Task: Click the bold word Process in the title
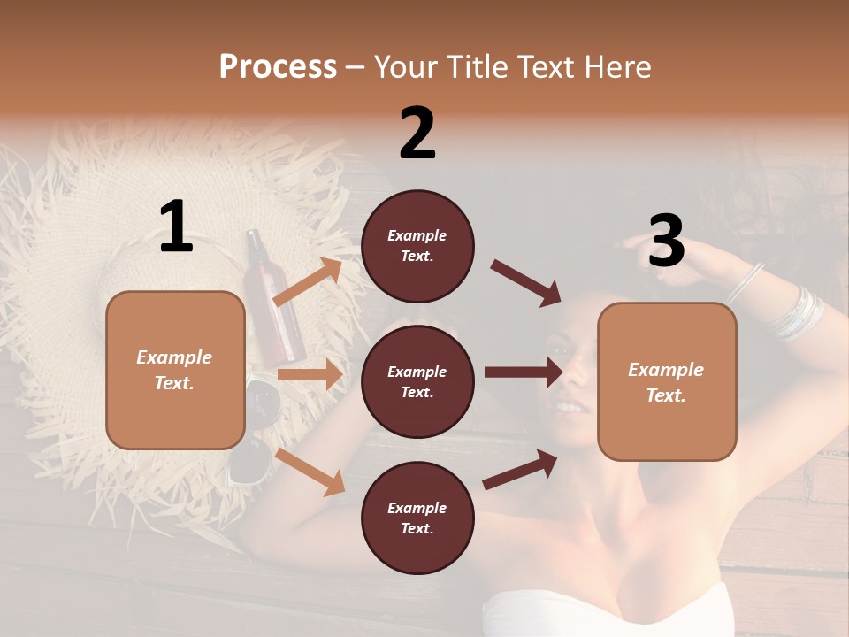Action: click(x=278, y=66)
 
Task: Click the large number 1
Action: click(x=176, y=227)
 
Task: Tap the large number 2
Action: click(x=417, y=134)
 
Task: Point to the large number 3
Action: click(x=666, y=241)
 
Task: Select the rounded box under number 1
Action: click(x=175, y=370)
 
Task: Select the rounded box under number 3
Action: click(x=667, y=381)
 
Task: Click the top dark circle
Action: click(x=417, y=246)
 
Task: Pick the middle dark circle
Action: click(x=417, y=381)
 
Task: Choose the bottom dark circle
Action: click(x=417, y=518)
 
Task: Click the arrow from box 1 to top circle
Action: click(x=308, y=282)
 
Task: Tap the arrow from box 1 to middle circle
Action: click(x=310, y=374)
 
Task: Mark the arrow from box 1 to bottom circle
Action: click(x=310, y=472)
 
